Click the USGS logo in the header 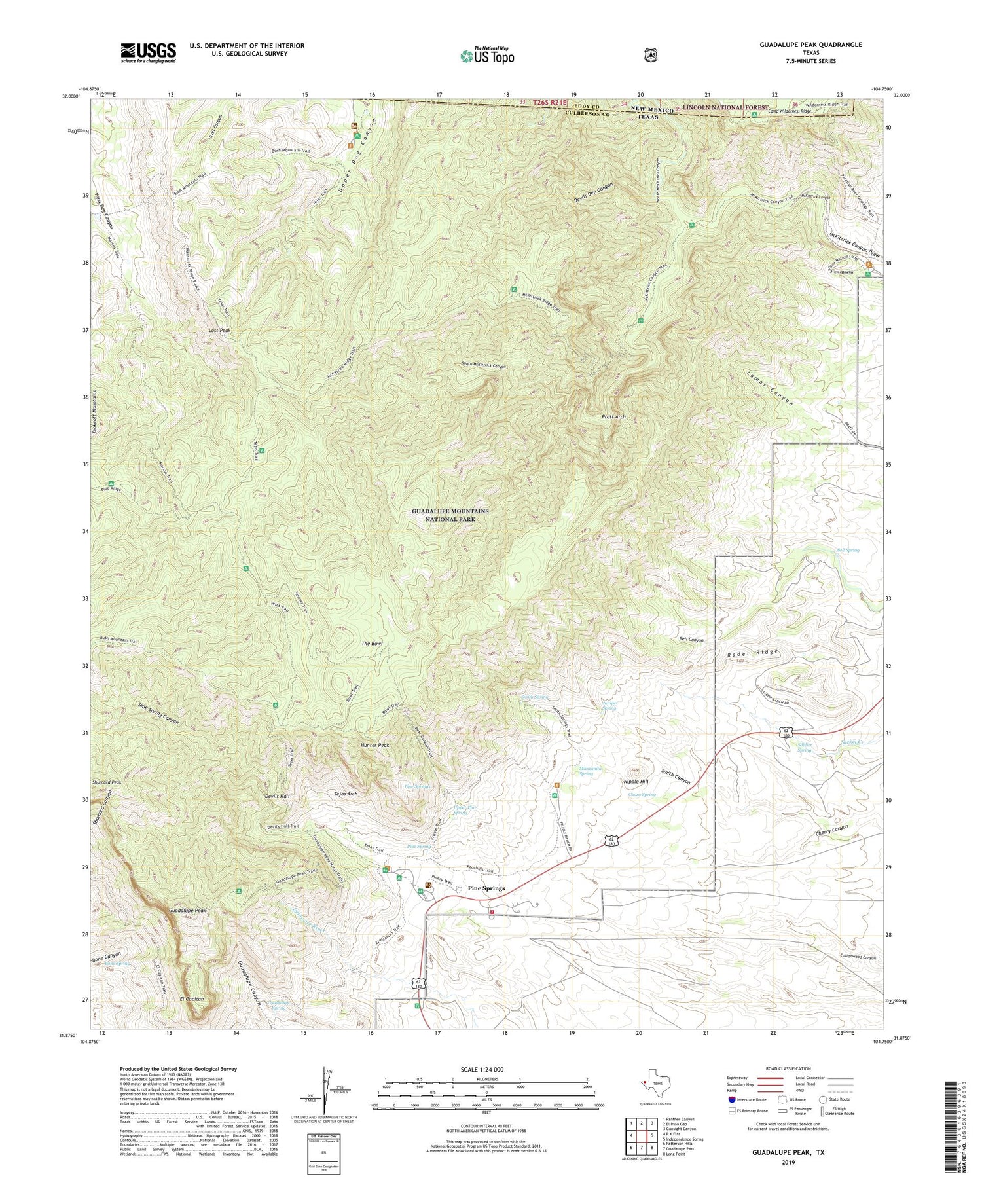pos(148,52)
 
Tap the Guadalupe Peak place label pos(188,911)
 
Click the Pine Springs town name pos(486,888)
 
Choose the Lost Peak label pos(219,331)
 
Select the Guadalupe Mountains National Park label pos(450,515)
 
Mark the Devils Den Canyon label pos(594,192)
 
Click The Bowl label pos(372,644)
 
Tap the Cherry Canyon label pos(832,829)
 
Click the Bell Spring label pos(848,550)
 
